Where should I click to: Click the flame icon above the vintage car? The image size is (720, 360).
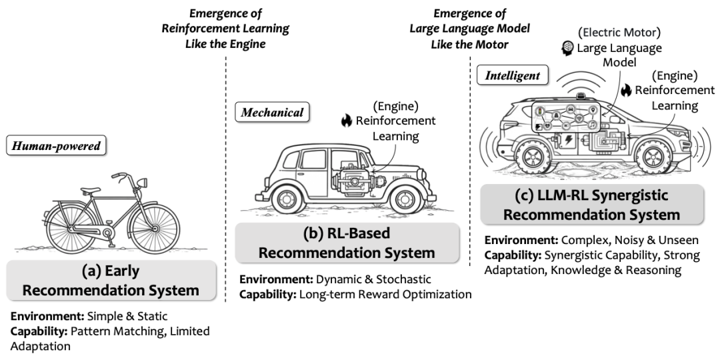(x=346, y=121)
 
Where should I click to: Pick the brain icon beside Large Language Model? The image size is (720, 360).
(x=568, y=47)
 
